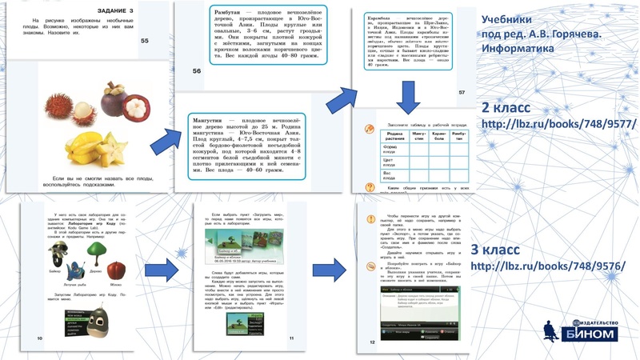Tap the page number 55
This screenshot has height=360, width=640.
pos(144,40)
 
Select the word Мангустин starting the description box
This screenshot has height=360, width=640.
pos(212,118)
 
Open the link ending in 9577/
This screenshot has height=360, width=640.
pos(558,124)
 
